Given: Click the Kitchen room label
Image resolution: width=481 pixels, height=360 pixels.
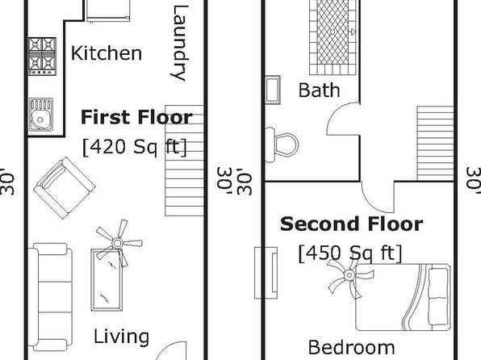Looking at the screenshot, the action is (107, 53).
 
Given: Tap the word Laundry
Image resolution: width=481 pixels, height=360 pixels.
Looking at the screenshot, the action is (178, 43).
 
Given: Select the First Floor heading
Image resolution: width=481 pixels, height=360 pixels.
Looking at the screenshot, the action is (136, 117).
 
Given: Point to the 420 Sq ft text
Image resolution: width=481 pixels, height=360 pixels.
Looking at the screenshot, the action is (134, 147).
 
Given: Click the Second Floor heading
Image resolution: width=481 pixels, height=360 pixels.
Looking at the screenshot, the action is (352, 224).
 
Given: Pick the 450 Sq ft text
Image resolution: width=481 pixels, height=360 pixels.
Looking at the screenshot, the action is (350, 253).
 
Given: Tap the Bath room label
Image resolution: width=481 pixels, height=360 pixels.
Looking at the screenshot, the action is (319, 90).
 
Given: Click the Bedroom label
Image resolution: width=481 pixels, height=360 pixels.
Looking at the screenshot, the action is (352, 348).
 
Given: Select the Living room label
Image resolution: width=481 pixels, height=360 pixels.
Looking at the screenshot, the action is (122, 337).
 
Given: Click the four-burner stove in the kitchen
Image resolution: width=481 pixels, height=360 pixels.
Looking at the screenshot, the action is (42, 57).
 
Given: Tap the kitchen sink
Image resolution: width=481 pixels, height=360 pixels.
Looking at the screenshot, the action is (41, 114).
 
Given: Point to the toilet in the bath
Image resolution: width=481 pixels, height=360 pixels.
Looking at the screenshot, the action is (282, 144).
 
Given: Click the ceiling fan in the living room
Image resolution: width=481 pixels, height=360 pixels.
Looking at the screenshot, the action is (118, 243).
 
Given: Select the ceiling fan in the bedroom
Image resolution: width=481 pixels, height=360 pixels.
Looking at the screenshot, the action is (349, 275).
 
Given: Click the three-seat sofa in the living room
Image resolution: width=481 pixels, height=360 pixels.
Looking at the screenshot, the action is (51, 297).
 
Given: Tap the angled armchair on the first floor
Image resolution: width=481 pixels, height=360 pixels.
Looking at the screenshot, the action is (65, 188).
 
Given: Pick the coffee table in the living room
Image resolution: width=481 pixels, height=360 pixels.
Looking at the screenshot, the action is (107, 280).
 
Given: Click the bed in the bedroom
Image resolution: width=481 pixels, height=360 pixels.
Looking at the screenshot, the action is (403, 297).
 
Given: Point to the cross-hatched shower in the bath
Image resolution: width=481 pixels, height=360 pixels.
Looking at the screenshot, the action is (333, 37).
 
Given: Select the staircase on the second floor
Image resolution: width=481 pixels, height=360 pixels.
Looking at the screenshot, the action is (435, 144).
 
